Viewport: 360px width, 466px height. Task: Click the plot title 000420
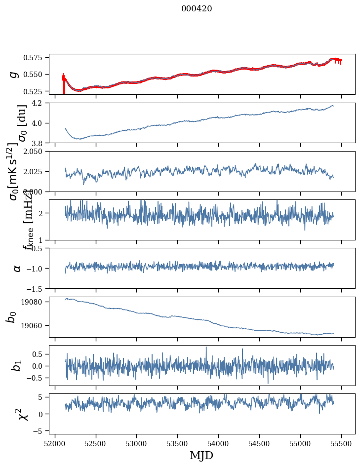(x=197, y=9)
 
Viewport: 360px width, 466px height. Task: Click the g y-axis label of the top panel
(x=15, y=74)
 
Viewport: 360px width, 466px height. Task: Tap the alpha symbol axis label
(x=17, y=268)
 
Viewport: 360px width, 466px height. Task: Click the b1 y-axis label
(x=17, y=365)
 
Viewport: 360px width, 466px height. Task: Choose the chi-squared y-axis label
(x=23, y=414)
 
